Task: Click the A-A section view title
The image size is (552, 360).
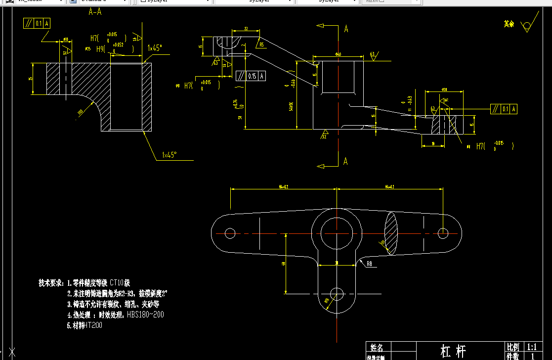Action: tap(95, 12)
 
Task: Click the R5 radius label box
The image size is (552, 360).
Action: tap(261, 45)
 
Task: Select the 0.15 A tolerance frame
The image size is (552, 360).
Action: tap(251, 76)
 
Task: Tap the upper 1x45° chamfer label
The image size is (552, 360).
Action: tap(155, 48)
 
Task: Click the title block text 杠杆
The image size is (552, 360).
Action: tap(453, 351)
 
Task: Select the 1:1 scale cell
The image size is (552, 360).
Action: tap(532, 347)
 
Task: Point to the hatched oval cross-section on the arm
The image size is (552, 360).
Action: tap(390, 234)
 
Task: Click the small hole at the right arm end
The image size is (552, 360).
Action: tap(443, 232)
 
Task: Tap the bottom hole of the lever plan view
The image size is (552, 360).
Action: tap(337, 293)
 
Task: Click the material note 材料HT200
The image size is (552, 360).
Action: tap(85, 325)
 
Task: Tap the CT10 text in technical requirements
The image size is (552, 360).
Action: tap(120, 283)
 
